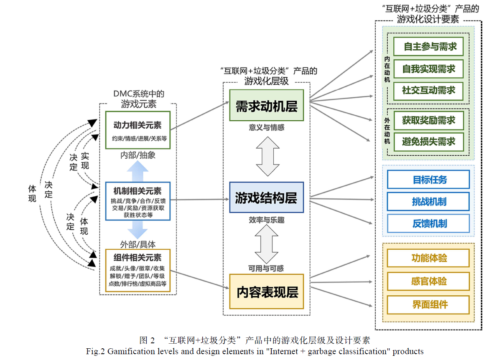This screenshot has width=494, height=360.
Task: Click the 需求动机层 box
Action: coord(266,106)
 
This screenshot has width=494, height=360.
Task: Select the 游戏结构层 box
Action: coord(266,198)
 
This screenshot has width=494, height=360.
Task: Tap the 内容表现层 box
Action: coord(266,292)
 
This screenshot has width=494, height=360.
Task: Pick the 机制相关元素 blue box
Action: coord(138,200)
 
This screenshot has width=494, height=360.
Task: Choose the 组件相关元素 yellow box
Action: coord(138,270)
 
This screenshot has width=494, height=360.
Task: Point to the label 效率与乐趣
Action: coord(266,219)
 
